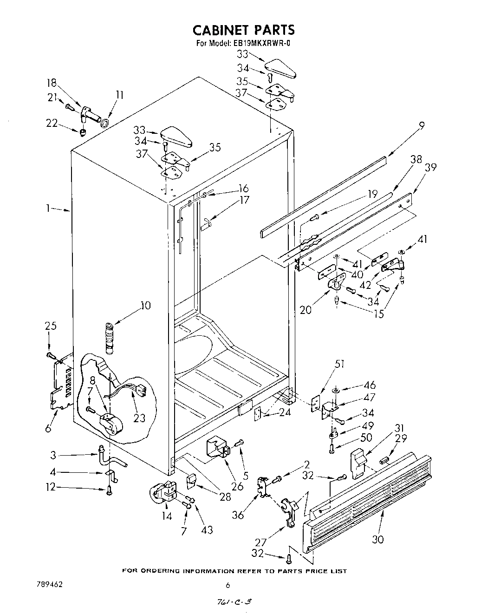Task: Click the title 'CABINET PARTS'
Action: (x=243, y=30)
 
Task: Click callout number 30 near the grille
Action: (x=378, y=539)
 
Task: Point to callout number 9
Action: (x=421, y=124)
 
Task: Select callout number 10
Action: (x=146, y=306)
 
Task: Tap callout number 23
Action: (x=139, y=418)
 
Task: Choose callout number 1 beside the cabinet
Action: (x=49, y=209)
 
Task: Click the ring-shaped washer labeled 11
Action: (x=105, y=124)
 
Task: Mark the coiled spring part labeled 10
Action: (x=110, y=341)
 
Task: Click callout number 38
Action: (x=416, y=159)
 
